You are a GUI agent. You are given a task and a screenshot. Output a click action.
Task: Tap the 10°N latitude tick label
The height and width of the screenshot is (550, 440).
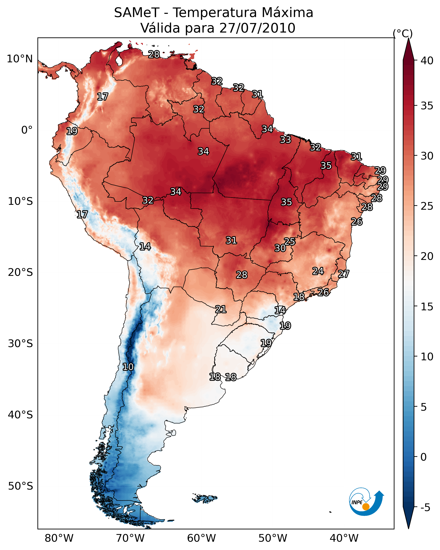click(x=20, y=59)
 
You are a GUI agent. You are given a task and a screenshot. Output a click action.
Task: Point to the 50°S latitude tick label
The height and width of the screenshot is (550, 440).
click(x=20, y=486)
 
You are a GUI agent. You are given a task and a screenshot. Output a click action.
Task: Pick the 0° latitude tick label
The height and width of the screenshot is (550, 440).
click(x=27, y=130)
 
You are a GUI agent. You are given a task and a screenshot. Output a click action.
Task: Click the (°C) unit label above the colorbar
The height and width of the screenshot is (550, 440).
click(x=403, y=33)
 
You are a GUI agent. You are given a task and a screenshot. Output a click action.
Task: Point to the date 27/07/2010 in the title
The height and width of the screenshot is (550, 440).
click(x=257, y=28)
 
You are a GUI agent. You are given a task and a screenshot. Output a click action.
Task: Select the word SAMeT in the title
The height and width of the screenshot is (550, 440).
click(x=137, y=13)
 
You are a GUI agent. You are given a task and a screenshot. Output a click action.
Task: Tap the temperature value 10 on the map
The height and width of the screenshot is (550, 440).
click(x=128, y=367)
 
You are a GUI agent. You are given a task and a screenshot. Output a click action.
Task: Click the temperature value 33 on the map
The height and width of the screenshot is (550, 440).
click(x=285, y=140)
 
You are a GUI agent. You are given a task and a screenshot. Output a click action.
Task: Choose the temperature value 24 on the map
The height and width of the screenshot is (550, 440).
click(x=318, y=271)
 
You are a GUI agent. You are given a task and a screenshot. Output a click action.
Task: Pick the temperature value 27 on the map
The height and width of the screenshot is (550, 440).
click(x=344, y=274)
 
